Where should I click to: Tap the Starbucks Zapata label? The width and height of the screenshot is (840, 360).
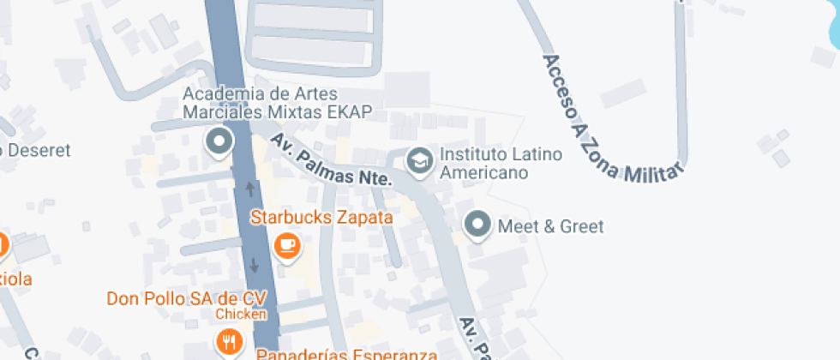pyautogui.click(x=321, y=218)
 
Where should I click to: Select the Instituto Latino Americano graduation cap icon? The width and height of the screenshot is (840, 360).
pyautogui.click(x=419, y=160)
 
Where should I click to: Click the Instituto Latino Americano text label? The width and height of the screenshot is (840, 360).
pyautogui.click(x=501, y=163)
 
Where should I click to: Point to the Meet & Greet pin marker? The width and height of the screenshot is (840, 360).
pyautogui.click(x=477, y=226)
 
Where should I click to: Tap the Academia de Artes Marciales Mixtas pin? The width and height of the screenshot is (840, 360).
pyautogui.click(x=220, y=141)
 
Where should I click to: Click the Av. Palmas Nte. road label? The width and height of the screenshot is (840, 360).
pyautogui.click(x=330, y=160)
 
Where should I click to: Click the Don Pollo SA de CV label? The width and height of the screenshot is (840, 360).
pyautogui.click(x=187, y=298)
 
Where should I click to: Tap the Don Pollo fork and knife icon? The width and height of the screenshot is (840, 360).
pyautogui.click(x=228, y=342)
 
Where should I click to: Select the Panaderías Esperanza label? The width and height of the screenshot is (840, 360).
pyautogui.click(x=346, y=352)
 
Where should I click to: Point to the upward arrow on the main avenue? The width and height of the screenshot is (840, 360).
pyautogui.click(x=250, y=187)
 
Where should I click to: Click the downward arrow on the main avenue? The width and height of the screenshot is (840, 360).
pyautogui.click(x=255, y=266)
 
